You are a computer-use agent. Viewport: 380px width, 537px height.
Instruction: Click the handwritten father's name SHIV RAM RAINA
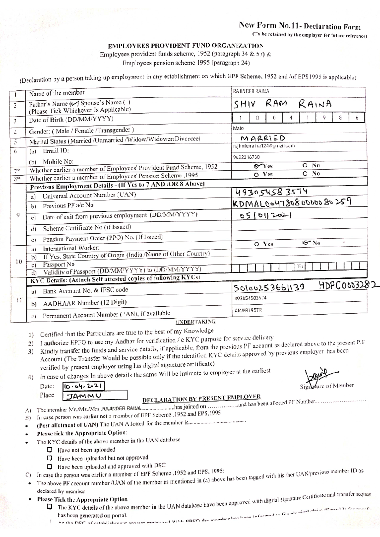282,104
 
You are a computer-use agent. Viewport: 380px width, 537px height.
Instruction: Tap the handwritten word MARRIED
263,139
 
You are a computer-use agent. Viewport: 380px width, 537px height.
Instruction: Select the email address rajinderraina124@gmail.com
264,146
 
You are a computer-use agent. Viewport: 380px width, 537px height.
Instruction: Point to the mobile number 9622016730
246,157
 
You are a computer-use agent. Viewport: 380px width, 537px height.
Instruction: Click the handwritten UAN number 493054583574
271,192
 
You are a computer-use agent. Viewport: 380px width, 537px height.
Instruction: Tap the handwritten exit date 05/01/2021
266,215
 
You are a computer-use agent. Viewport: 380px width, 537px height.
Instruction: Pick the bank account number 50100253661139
269,287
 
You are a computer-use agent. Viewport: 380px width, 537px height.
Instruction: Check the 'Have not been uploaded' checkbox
49,449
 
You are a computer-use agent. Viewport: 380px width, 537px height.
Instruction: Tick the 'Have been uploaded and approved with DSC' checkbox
49,466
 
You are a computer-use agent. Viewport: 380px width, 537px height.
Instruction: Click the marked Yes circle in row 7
257,166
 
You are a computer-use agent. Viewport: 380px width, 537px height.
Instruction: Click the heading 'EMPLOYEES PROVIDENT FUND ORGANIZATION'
186,46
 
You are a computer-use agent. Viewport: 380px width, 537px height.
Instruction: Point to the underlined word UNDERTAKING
196,322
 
